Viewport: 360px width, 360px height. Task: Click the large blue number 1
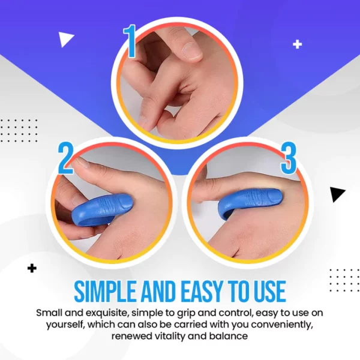[x=130, y=41]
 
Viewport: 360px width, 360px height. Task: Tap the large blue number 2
[x=65, y=158]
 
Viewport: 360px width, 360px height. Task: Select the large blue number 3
[x=289, y=158]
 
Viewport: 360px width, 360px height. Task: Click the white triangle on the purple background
[x=65, y=39]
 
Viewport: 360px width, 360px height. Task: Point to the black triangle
[x=337, y=194]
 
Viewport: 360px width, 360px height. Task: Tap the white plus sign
[x=298, y=44]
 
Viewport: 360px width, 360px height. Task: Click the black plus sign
[x=32, y=268]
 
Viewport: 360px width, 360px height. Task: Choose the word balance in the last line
[x=229, y=336]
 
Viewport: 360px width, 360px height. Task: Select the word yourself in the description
[x=65, y=325]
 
